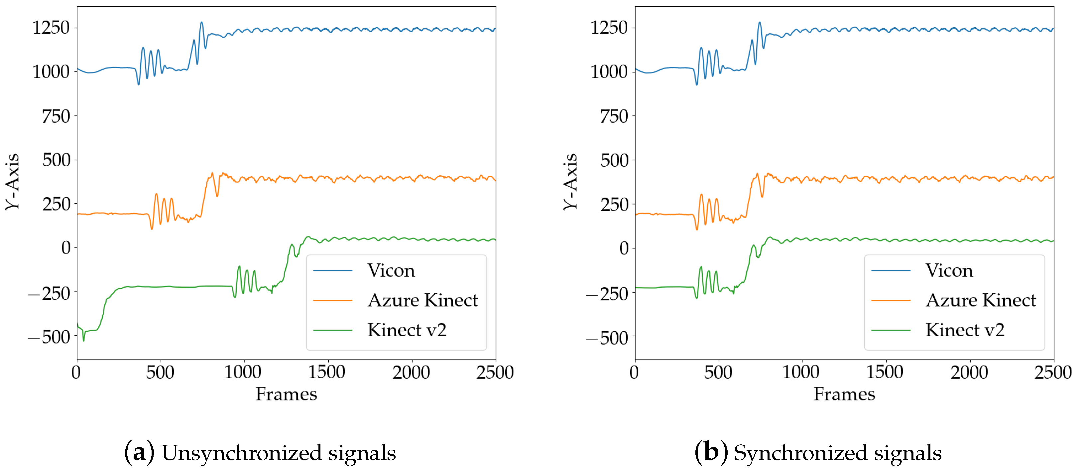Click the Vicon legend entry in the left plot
(x=391, y=271)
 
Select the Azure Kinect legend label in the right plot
(x=980, y=300)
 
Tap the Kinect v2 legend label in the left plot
(x=407, y=330)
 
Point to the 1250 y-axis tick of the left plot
(x=51, y=28)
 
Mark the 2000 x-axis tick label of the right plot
(x=969, y=372)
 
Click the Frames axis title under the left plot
(x=287, y=394)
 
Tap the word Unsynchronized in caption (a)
(x=242, y=453)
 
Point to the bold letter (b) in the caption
(x=711, y=452)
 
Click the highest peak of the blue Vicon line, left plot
(x=201, y=23)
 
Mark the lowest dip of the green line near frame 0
(x=84, y=341)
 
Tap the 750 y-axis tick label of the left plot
(x=56, y=116)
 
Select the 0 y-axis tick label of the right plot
(x=624, y=248)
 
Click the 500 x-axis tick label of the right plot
(x=718, y=372)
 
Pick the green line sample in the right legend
(x=891, y=330)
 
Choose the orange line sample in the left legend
(x=333, y=300)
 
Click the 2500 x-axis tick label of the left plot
(x=495, y=372)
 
